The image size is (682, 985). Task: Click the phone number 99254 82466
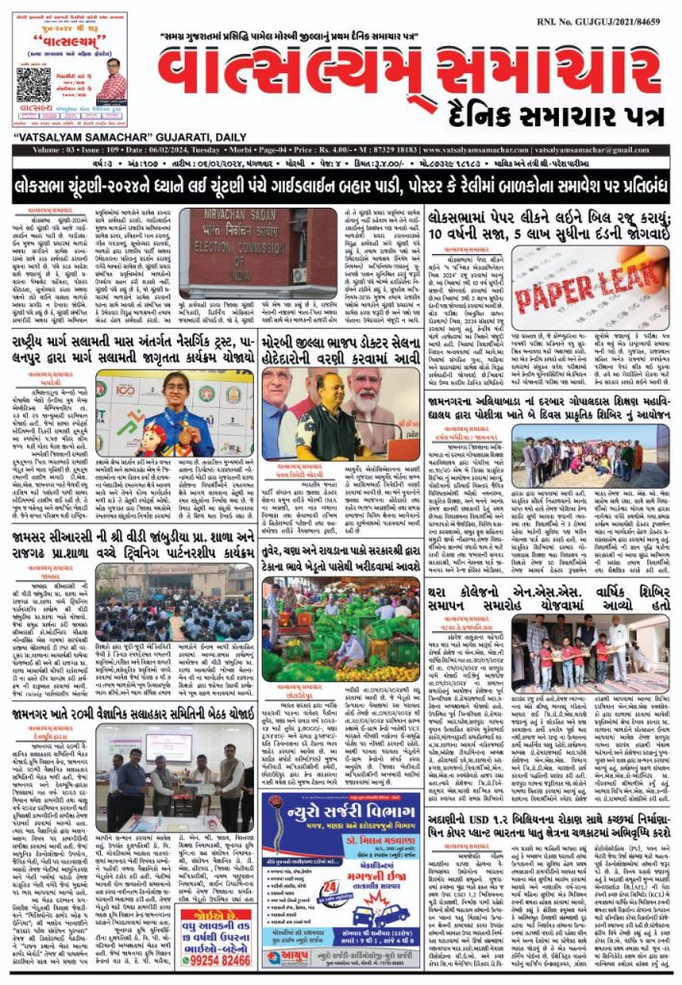pyautogui.click(x=215, y=956)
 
